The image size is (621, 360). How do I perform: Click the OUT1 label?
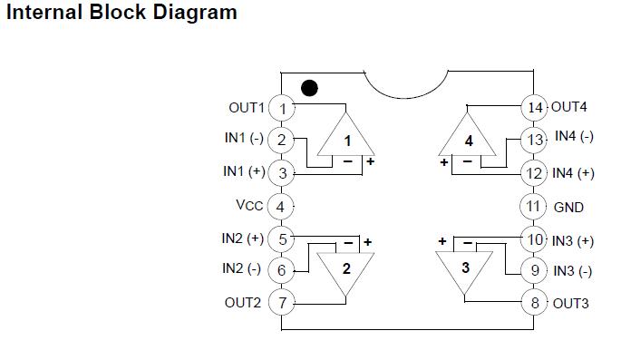pyautogui.click(x=247, y=107)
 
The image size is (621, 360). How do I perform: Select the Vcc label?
pyautogui.click(x=249, y=205)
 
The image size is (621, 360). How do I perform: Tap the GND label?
pyautogui.click(x=568, y=207)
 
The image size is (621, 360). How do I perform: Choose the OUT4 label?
pyautogui.click(x=569, y=106)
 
